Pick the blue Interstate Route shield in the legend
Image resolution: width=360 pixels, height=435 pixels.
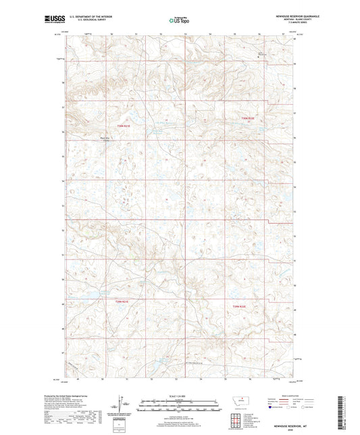[273, 408]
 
